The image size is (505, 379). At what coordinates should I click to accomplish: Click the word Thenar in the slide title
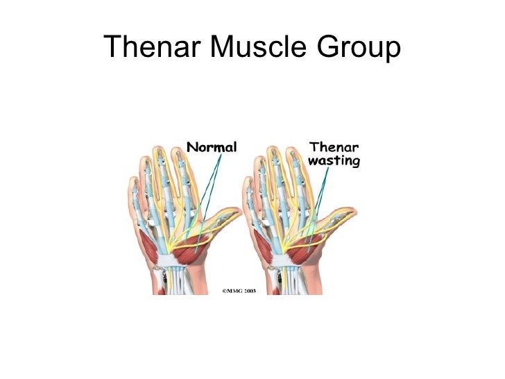pyautogui.click(x=144, y=47)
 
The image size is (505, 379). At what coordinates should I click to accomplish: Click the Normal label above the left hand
pyautogui.click(x=212, y=146)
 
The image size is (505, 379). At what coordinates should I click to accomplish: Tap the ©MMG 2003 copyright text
pyautogui.click(x=239, y=291)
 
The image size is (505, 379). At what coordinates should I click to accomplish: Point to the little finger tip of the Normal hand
pyautogui.click(x=132, y=183)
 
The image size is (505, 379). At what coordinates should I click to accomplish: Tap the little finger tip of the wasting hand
pyautogui.click(x=249, y=183)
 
